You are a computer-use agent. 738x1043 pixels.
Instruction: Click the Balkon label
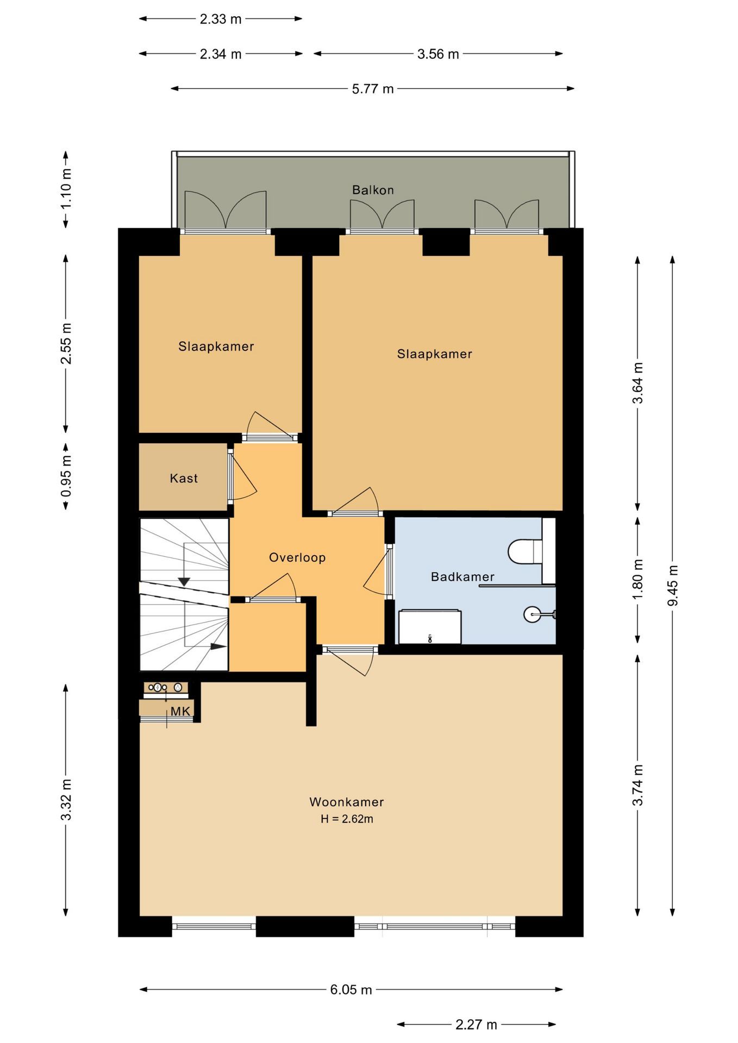pyautogui.click(x=373, y=190)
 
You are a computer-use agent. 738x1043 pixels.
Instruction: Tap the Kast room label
pyautogui.click(x=184, y=479)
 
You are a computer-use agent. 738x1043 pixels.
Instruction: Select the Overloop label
pyautogui.click(x=297, y=557)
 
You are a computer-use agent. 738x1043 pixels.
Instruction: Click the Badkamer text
pyautogui.click(x=462, y=577)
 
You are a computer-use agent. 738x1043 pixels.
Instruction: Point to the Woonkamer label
pyautogui.click(x=347, y=802)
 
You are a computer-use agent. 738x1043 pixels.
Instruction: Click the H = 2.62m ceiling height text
pyautogui.click(x=347, y=819)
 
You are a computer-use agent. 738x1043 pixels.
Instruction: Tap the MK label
pyautogui.click(x=180, y=712)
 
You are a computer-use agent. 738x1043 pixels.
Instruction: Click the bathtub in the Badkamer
pyautogui.click(x=430, y=627)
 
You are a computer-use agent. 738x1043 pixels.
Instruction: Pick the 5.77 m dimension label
pyautogui.click(x=373, y=89)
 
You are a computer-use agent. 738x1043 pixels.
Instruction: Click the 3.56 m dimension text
pyautogui.click(x=438, y=54)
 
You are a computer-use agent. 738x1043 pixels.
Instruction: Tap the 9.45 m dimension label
pyautogui.click(x=673, y=586)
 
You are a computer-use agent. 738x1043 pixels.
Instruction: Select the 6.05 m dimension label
pyautogui.click(x=351, y=990)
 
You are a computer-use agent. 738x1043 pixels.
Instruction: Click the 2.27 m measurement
pyautogui.click(x=476, y=1025)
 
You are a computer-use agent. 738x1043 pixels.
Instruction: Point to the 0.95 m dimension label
pyautogui.click(x=66, y=476)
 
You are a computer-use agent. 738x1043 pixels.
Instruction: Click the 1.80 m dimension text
pyautogui.click(x=638, y=579)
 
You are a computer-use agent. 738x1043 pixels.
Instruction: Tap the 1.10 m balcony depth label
pyautogui.click(x=66, y=189)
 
